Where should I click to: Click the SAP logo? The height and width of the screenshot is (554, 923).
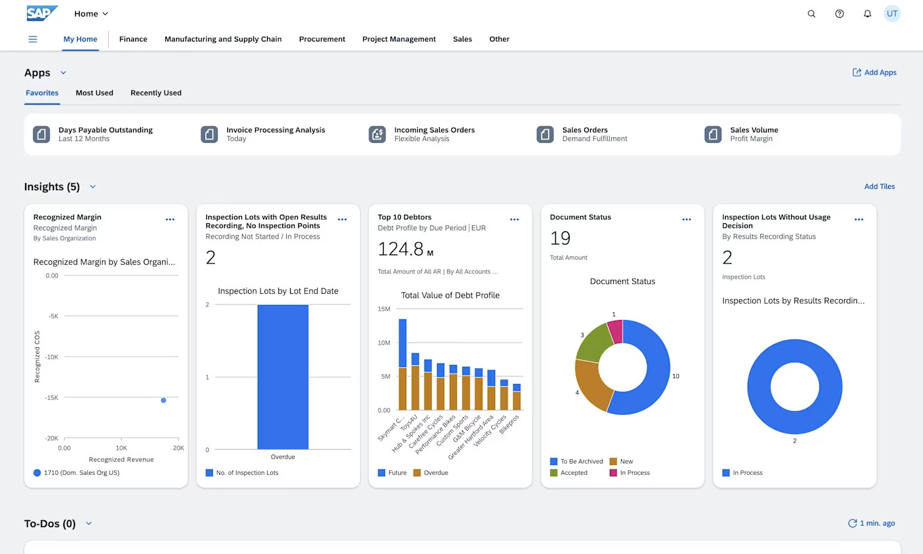[42, 13]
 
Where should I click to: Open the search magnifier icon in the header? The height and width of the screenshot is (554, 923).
[812, 14]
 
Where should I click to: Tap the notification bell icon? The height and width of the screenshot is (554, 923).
[868, 14]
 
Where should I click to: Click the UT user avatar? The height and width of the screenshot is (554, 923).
[892, 13]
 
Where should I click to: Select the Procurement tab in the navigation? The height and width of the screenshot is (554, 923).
[322, 39]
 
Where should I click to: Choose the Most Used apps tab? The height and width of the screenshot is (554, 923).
[94, 93]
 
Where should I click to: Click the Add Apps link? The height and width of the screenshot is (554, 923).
[874, 72]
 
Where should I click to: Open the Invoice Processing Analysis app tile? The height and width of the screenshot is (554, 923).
[276, 134]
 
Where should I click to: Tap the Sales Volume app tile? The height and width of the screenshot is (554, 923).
[754, 134]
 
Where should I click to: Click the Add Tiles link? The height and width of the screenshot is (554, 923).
[879, 186]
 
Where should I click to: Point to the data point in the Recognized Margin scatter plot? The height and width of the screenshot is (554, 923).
[164, 401]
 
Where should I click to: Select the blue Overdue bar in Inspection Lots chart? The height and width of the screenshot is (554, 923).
[283, 377]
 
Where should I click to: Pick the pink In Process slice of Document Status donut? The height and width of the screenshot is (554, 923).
[616, 331]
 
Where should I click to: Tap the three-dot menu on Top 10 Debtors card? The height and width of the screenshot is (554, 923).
[514, 219]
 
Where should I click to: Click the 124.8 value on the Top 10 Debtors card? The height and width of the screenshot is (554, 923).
[401, 249]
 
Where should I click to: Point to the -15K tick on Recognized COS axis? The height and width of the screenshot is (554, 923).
[51, 398]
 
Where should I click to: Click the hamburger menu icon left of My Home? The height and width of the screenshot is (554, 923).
[33, 39]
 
